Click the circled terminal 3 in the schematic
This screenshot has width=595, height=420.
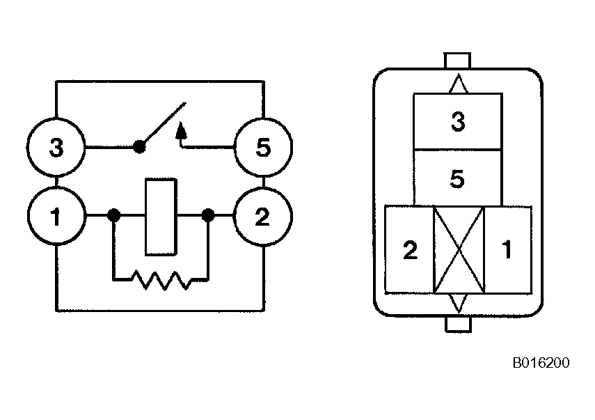tap(56, 148)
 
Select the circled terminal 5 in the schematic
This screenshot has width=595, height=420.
tap(262, 148)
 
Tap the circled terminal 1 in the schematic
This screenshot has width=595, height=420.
tap(56, 217)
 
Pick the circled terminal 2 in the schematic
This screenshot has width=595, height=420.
tap(262, 217)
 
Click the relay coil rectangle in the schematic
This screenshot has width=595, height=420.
tap(161, 217)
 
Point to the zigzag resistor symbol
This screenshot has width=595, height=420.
tap(161, 280)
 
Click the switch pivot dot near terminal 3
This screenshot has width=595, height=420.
tap(139, 147)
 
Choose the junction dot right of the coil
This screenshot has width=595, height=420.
tap(207, 216)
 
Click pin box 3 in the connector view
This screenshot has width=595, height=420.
tap(457, 121)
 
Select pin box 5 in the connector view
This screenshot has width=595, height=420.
tap(457, 178)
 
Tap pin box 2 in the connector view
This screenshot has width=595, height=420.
tap(410, 250)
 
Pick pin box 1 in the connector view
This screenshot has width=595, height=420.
tap(507, 250)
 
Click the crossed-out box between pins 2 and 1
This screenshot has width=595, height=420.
tap(458, 249)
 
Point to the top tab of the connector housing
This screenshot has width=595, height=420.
tap(457, 61)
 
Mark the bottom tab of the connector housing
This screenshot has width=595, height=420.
tap(457, 325)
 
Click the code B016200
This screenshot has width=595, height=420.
tap(541, 363)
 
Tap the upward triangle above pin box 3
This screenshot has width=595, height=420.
tap(457, 84)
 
